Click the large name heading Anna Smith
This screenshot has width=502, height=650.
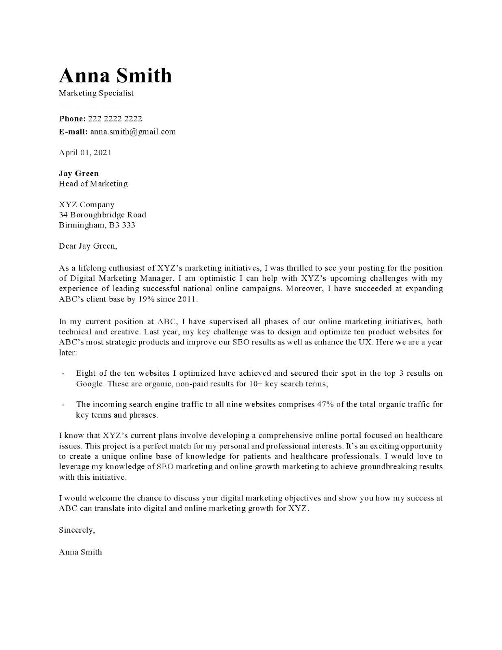pyautogui.click(x=115, y=76)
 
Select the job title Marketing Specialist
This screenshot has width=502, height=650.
pyautogui.click(x=96, y=93)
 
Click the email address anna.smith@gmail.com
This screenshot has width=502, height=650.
pyautogui.click(x=133, y=132)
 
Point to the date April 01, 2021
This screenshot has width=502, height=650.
pyautogui.click(x=85, y=153)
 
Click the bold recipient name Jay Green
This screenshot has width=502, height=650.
pyautogui.click(x=79, y=173)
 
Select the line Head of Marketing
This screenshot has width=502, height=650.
pyautogui.click(x=93, y=184)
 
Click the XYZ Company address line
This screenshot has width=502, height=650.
pyautogui.click(x=87, y=204)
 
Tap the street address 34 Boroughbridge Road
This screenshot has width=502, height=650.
pyautogui.click(x=102, y=214)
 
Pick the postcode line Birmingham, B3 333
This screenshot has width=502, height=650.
pyautogui.click(x=97, y=225)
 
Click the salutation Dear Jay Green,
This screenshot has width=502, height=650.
pyautogui.click(x=88, y=246)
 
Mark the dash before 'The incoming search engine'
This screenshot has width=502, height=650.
pyautogui.click(x=63, y=405)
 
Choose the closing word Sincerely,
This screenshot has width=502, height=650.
pyautogui.click(x=77, y=530)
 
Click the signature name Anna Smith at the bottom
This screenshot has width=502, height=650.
pyautogui.click(x=80, y=552)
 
